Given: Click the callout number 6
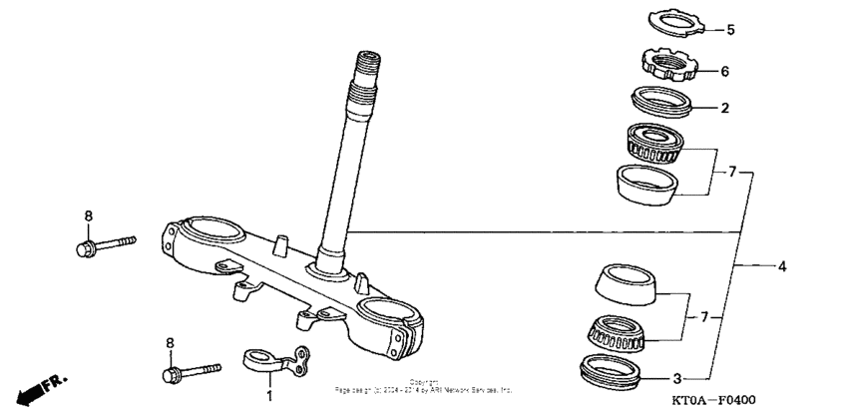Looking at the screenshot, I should pos(725,72).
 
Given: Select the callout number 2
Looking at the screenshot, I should pos(725,107).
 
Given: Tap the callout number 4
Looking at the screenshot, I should pos(782,266).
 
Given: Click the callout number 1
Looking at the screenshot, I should pos(267,396).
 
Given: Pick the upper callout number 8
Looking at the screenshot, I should pos(87,215).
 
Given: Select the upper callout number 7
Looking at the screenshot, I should pos(731,172).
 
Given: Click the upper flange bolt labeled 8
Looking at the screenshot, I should pos(105,243).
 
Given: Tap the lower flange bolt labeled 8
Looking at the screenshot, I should pos(190,373).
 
